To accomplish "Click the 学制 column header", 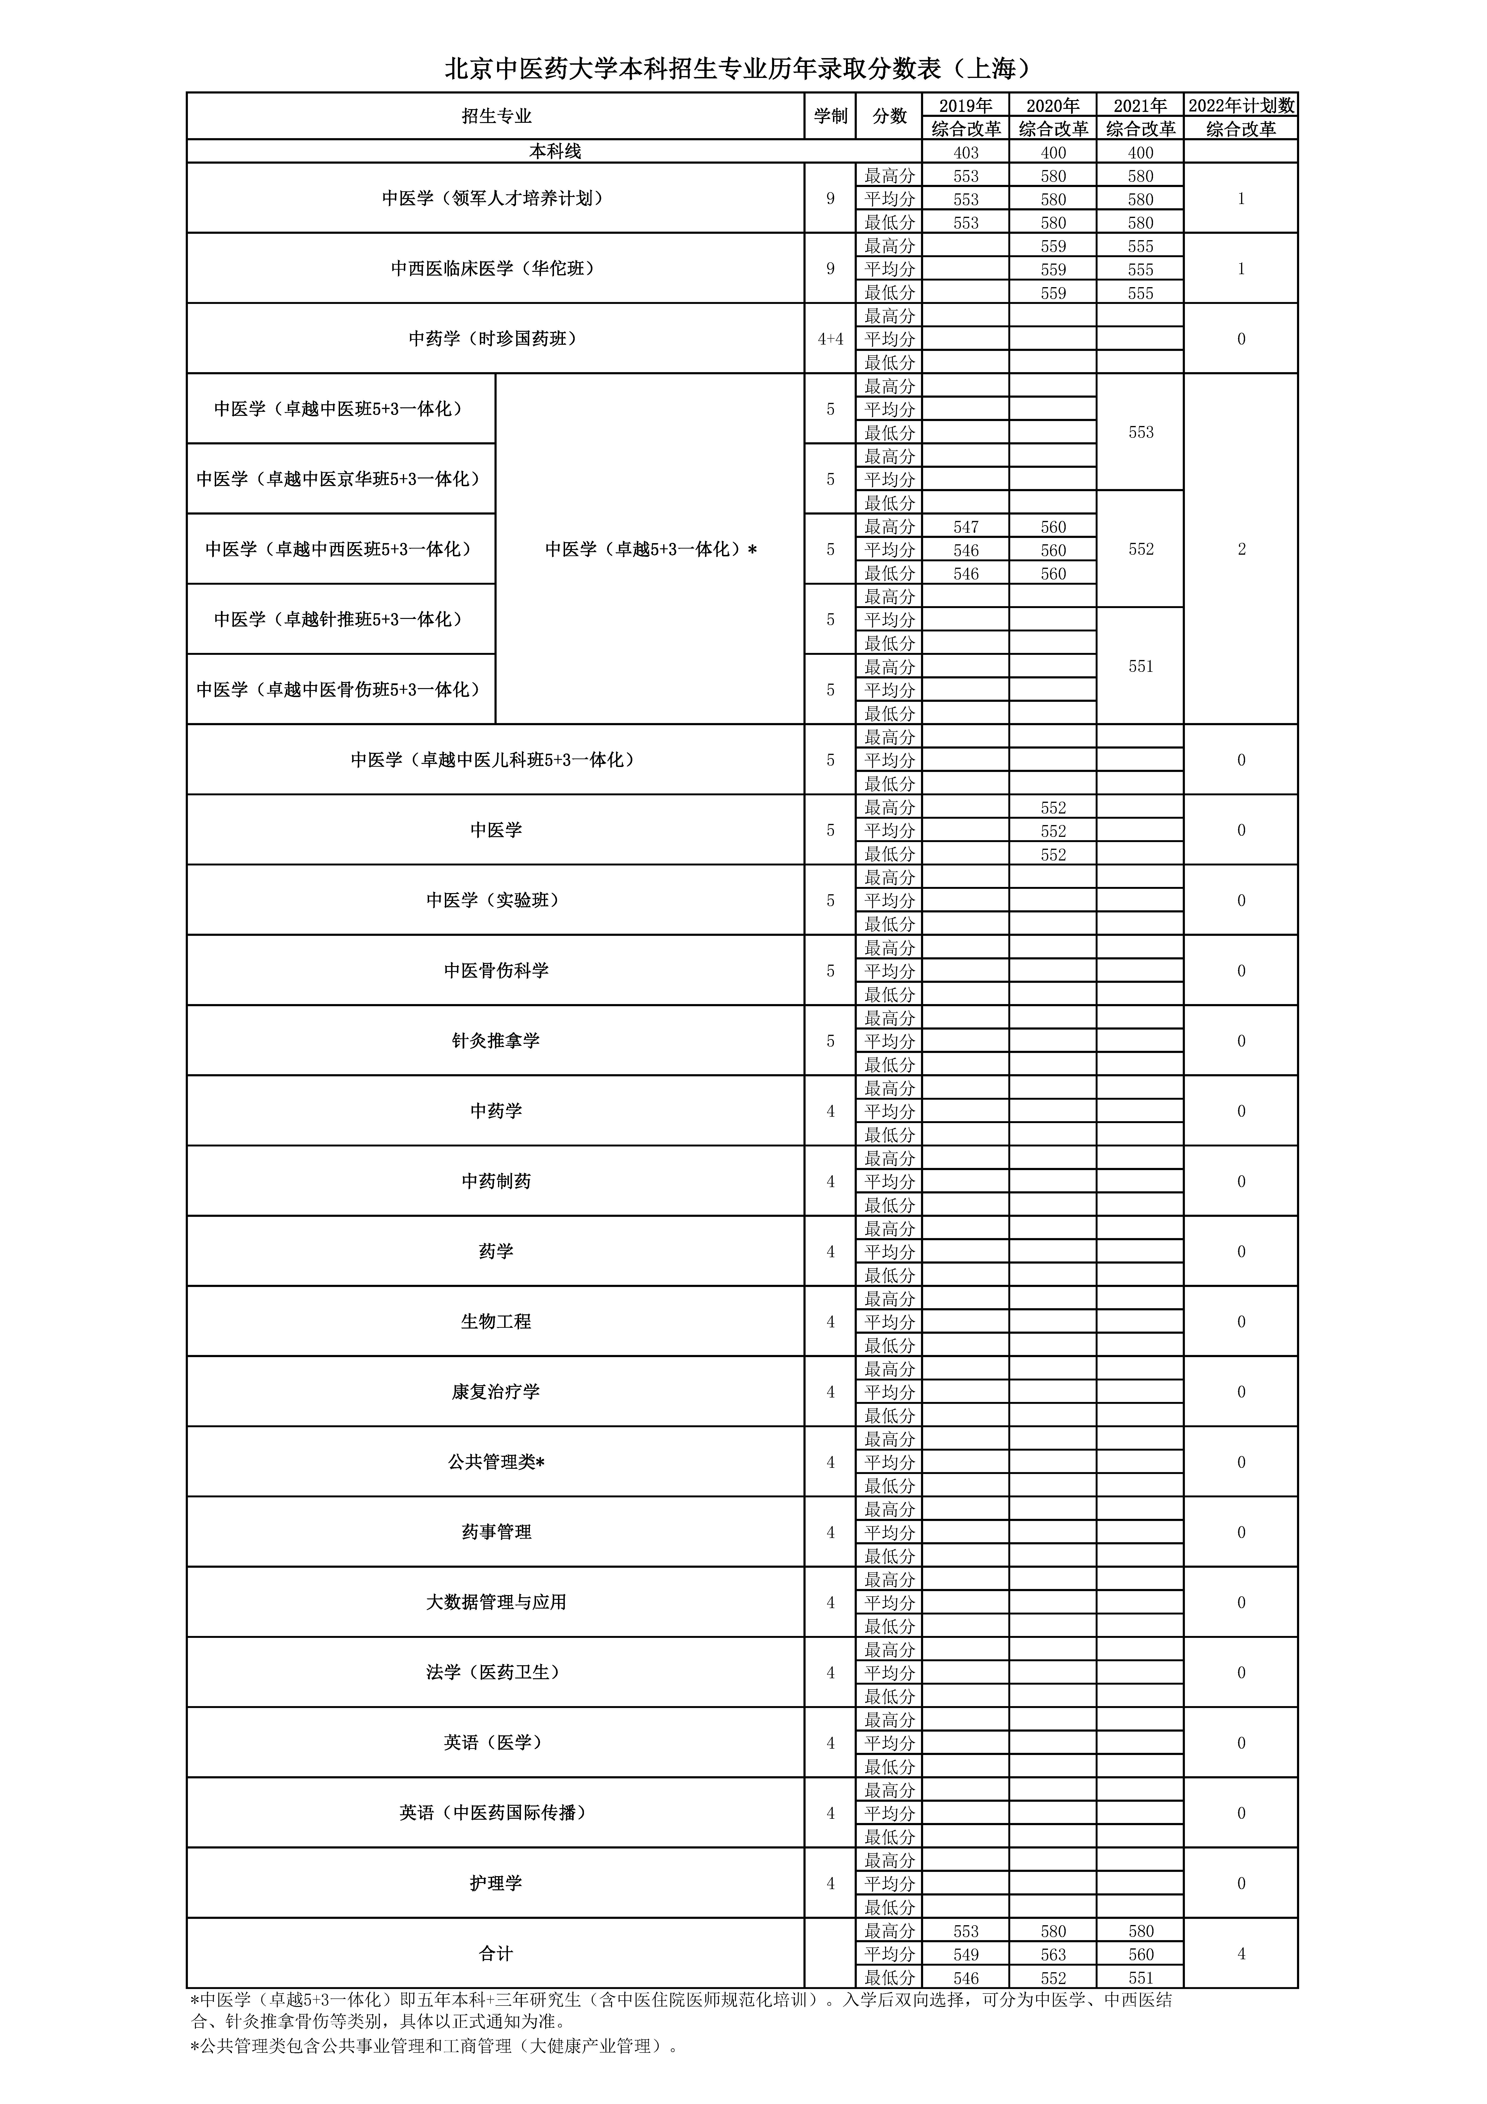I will click(830, 116).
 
